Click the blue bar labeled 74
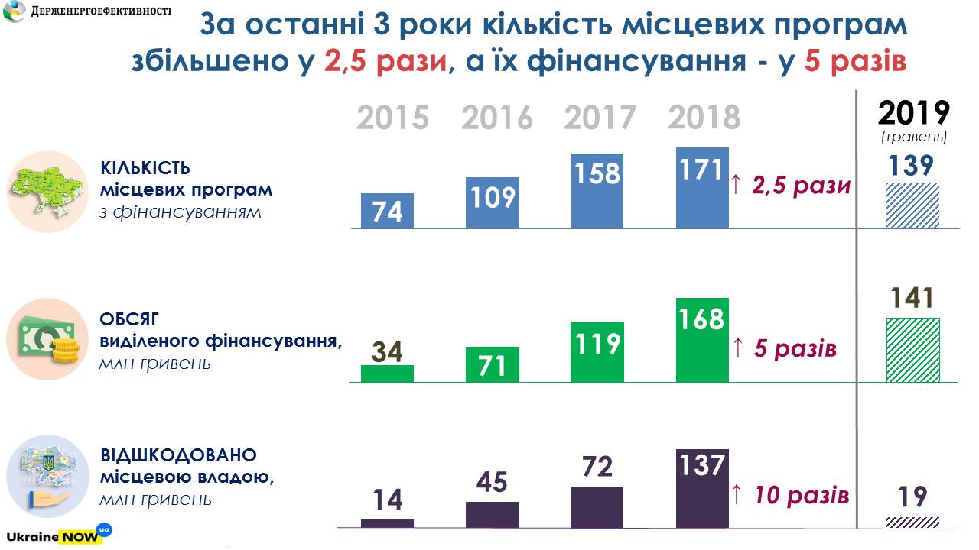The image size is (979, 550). [387, 210]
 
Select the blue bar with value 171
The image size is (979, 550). [702, 188]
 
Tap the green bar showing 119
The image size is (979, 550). [597, 352]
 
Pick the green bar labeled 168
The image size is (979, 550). [702, 340]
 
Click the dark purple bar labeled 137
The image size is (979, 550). [702, 488]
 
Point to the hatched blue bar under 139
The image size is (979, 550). [912, 205]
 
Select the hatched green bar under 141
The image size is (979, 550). [912, 350]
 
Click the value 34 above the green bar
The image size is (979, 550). [387, 351]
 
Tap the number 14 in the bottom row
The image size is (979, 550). [387, 500]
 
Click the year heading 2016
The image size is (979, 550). [496, 118]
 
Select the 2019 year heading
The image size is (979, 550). [913, 113]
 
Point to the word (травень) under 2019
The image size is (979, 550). [913, 137]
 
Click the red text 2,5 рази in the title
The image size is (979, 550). [385, 60]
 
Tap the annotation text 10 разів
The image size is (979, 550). [801, 495]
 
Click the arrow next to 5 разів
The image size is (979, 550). [737, 349]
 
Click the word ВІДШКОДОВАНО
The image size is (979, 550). [178, 456]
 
